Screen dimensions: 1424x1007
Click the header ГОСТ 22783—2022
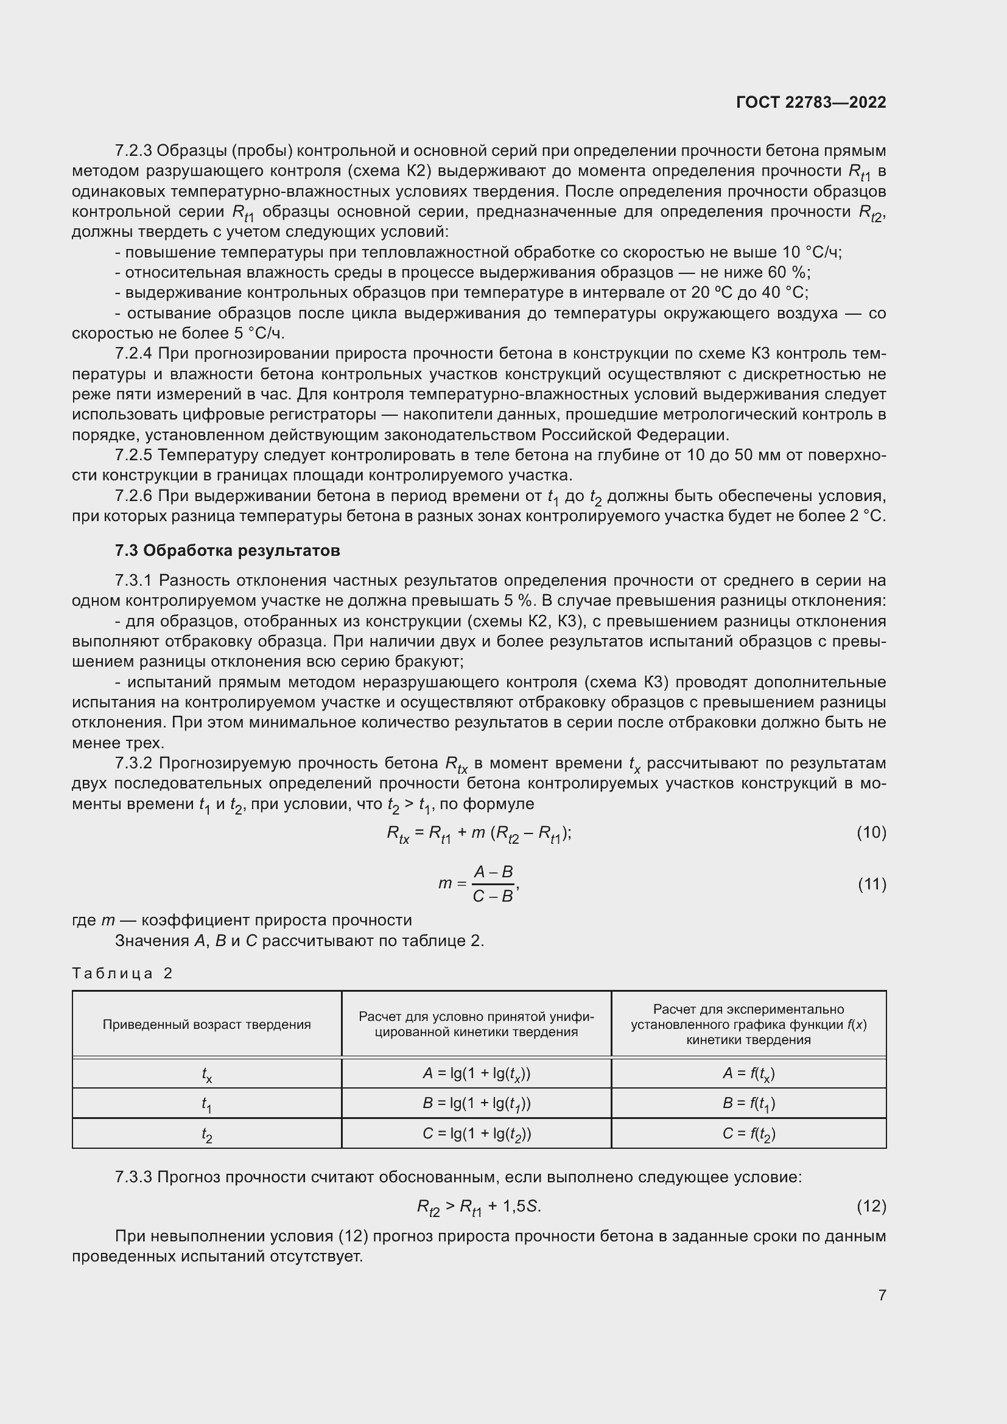tap(810, 102)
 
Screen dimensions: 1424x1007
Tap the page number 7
tap(882, 1295)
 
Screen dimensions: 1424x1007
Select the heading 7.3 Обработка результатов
tap(227, 550)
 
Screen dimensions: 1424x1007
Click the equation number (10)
tap(871, 832)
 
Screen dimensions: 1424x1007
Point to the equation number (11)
tap(871, 884)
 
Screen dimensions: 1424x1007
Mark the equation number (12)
tap(871, 1206)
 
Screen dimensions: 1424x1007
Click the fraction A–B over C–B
tap(493, 884)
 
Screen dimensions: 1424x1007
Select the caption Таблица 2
tap(122, 973)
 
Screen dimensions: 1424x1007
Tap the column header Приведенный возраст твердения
tap(206, 1024)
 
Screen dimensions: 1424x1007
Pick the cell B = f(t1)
tap(748, 1103)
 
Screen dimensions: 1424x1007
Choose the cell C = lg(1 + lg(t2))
tap(476, 1134)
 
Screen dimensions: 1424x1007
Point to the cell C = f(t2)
tap(748, 1134)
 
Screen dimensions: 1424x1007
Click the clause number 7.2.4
tap(133, 354)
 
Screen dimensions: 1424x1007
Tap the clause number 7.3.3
tap(133, 1177)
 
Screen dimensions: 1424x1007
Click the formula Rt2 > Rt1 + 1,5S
tap(479, 1206)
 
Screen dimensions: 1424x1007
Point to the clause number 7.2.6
tap(133, 496)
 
